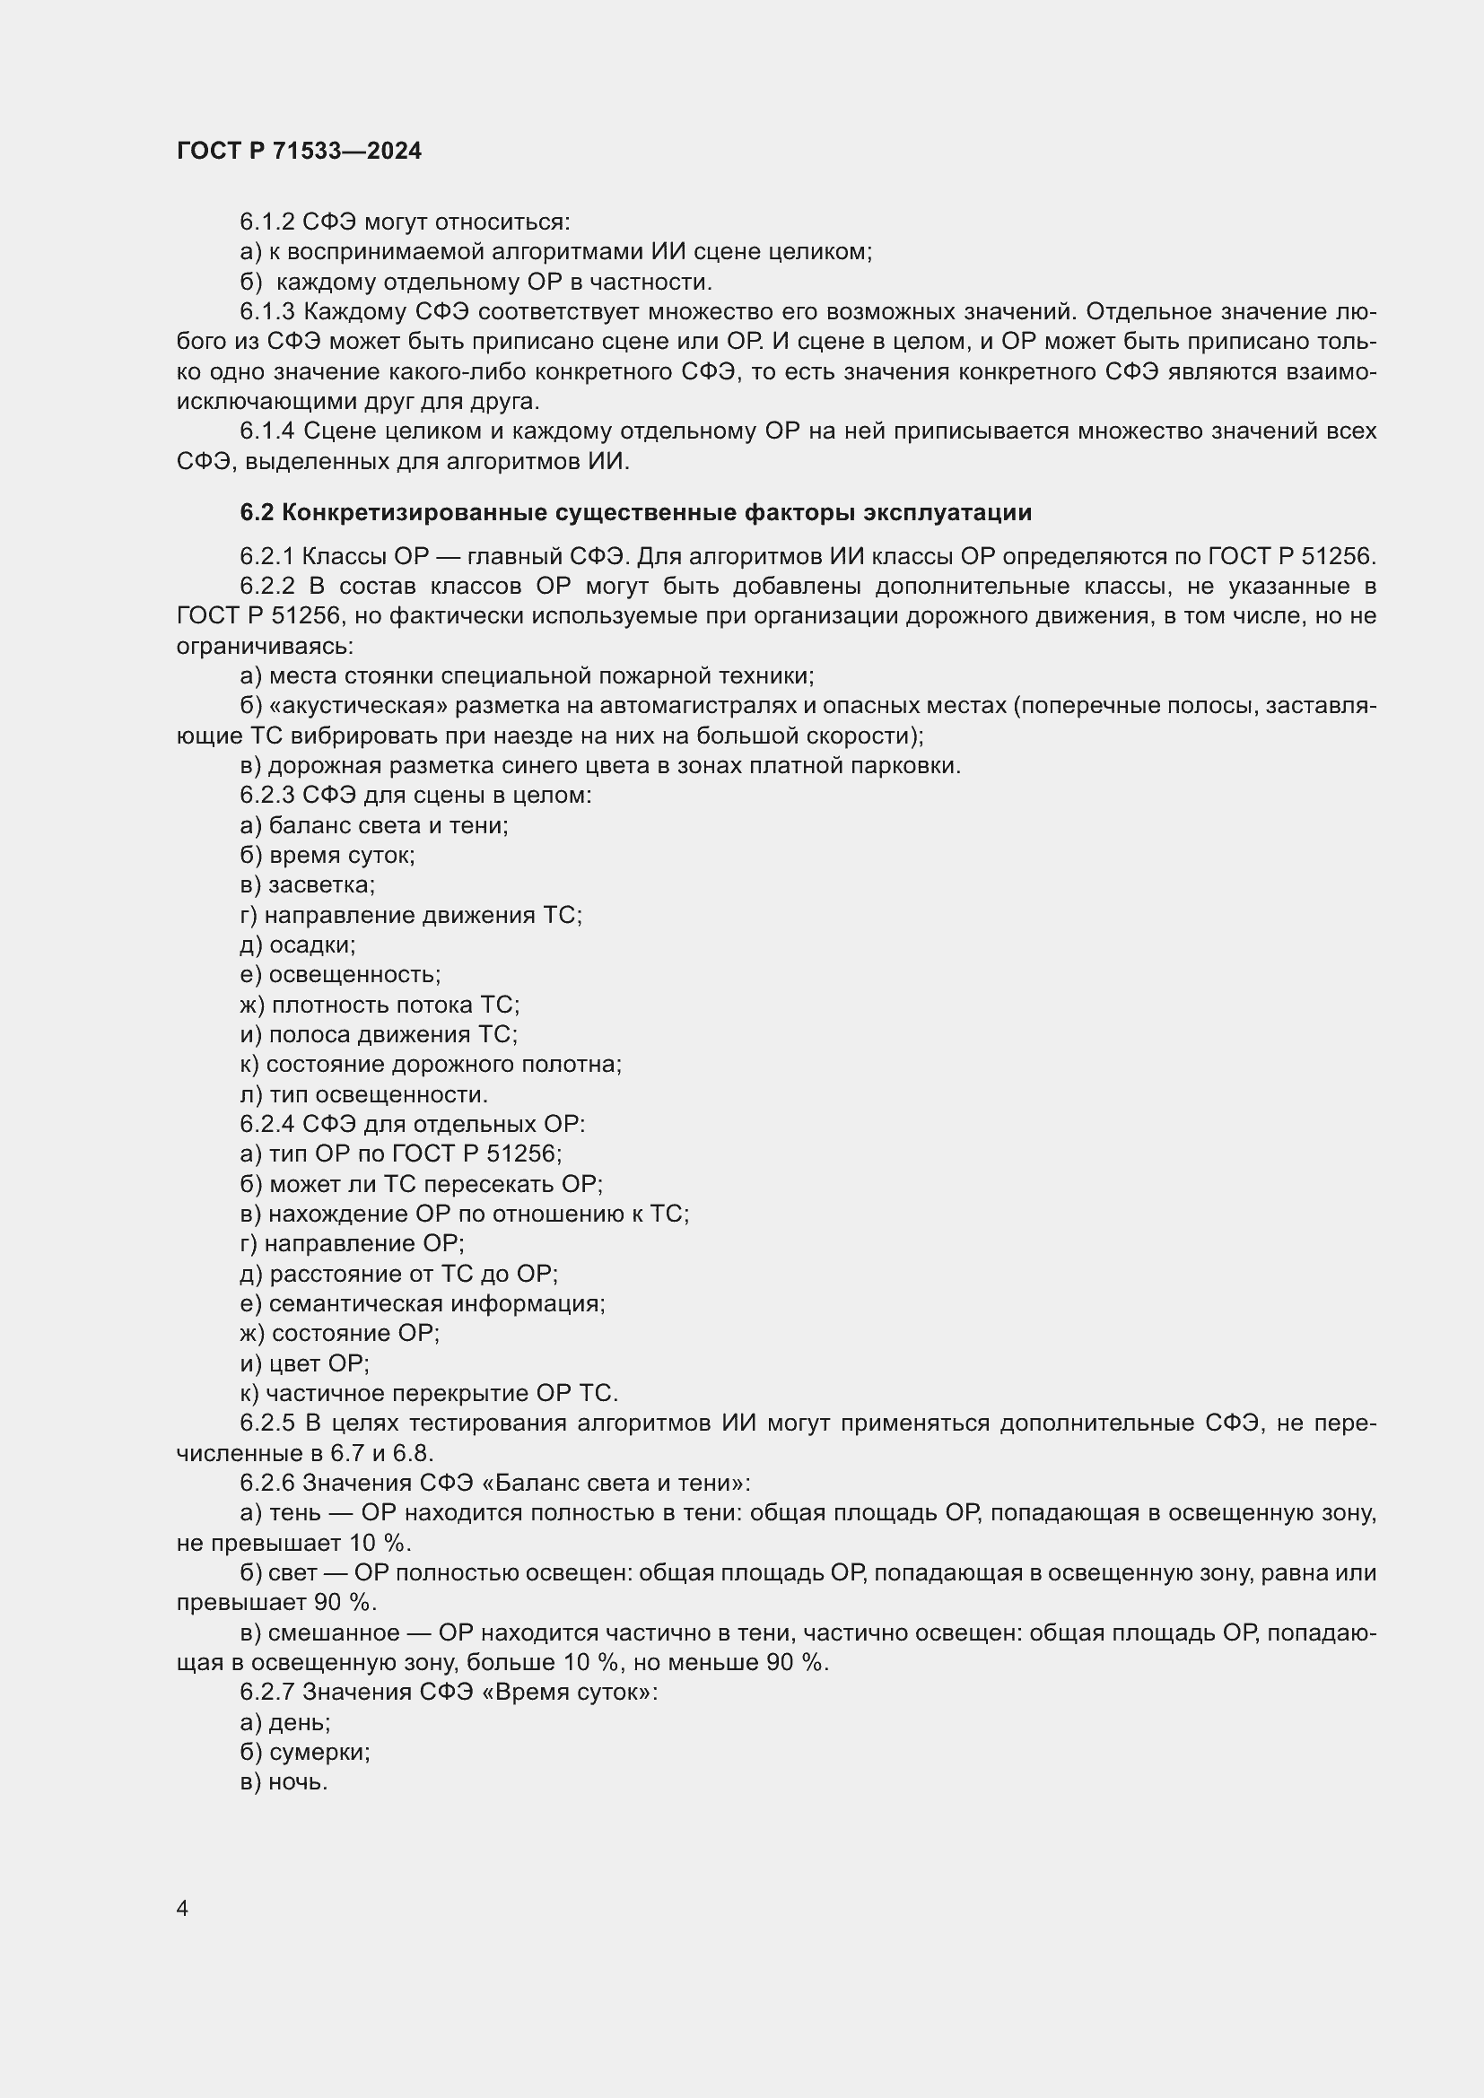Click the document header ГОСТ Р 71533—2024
pos(299,151)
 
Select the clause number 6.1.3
pos(267,311)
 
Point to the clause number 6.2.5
pos(267,1423)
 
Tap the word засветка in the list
pos(320,884)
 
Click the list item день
pos(300,1722)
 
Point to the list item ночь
pos(298,1782)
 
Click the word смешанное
pos(334,1632)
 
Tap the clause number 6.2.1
pos(267,556)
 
